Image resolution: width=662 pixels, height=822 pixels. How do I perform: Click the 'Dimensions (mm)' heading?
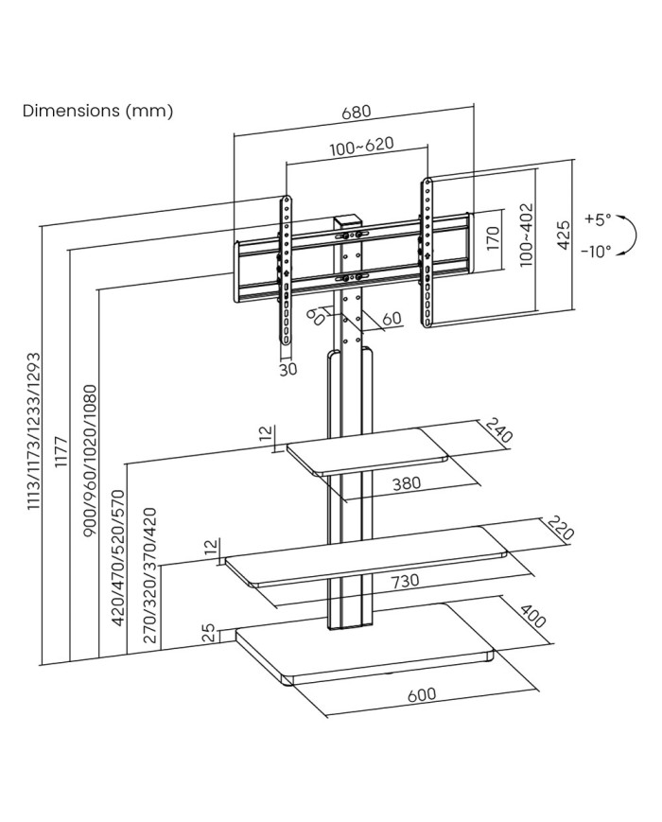point(97,111)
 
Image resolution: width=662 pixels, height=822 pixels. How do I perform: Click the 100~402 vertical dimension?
point(527,236)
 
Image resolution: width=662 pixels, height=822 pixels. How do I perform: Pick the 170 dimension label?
point(492,236)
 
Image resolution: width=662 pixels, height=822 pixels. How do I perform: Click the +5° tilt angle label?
point(599,219)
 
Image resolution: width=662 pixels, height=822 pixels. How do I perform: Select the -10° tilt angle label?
point(597,251)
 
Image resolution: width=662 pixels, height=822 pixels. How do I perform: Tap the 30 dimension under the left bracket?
point(288,369)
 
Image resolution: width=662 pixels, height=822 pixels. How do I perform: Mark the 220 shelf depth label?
point(561,529)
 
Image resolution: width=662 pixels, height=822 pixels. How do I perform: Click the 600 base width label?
point(422,694)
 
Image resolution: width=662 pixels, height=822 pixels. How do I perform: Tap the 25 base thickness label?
point(208,633)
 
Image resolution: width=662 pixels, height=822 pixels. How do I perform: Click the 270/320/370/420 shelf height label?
point(149,576)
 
